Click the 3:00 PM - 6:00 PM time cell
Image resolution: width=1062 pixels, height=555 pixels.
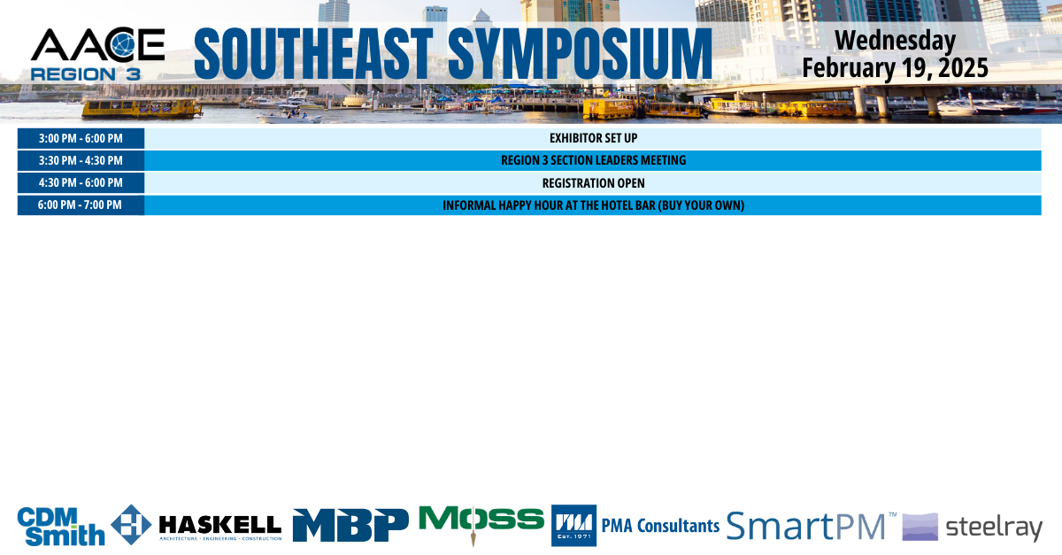[x=81, y=138]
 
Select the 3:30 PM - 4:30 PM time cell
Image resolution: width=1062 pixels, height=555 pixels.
[x=81, y=161]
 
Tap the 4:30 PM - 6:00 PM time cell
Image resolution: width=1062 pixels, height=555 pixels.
[x=81, y=183]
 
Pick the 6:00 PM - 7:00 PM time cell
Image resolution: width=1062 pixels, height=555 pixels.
[x=81, y=205]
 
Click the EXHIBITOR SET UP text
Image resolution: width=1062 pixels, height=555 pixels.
[x=593, y=138]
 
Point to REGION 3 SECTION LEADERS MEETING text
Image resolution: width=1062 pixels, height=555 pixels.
[x=593, y=161]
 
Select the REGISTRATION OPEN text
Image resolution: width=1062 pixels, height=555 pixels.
[x=593, y=183]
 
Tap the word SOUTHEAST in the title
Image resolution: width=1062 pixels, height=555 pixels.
[x=313, y=54]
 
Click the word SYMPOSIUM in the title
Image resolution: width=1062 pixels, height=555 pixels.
[x=580, y=54]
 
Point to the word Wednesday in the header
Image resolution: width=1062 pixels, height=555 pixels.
[x=895, y=41]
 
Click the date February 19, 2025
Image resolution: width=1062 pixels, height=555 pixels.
[x=895, y=68]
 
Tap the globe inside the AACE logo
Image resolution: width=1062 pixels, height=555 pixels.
[x=123, y=44]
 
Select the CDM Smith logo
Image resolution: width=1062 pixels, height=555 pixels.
[x=61, y=527]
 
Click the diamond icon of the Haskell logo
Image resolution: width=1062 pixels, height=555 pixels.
[x=131, y=525]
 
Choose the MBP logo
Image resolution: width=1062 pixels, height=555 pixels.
[x=350, y=525]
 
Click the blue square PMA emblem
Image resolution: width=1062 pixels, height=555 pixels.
[x=573, y=525]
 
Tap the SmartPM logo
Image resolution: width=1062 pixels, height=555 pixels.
[x=811, y=526]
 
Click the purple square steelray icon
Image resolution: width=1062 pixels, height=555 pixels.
[x=920, y=527]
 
